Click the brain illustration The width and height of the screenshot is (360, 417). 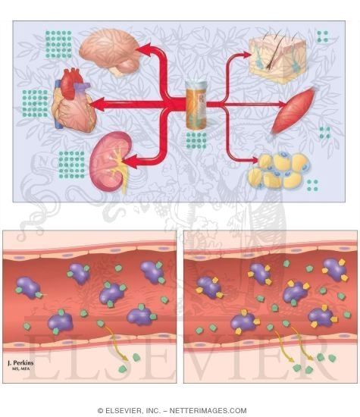point(110,52)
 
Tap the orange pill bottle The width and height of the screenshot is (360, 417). point(196,105)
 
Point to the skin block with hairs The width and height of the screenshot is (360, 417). point(277,59)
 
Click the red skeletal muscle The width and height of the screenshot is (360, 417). point(293,110)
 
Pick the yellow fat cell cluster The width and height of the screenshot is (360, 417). point(279,170)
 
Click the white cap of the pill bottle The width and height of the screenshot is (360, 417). point(196,86)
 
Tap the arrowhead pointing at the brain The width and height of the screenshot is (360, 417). point(143,49)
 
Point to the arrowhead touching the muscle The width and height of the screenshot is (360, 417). point(282,105)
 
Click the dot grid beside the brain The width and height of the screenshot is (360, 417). point(58,45)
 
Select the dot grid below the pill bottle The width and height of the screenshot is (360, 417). point(196,140)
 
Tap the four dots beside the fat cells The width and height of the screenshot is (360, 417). point(312,185)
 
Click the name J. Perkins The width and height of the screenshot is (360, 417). point(20,362)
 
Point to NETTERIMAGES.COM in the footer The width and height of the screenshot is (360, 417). point(208,410)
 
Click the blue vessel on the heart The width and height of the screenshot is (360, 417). point(58,105)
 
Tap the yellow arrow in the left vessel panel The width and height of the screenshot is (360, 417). point(116,343)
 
